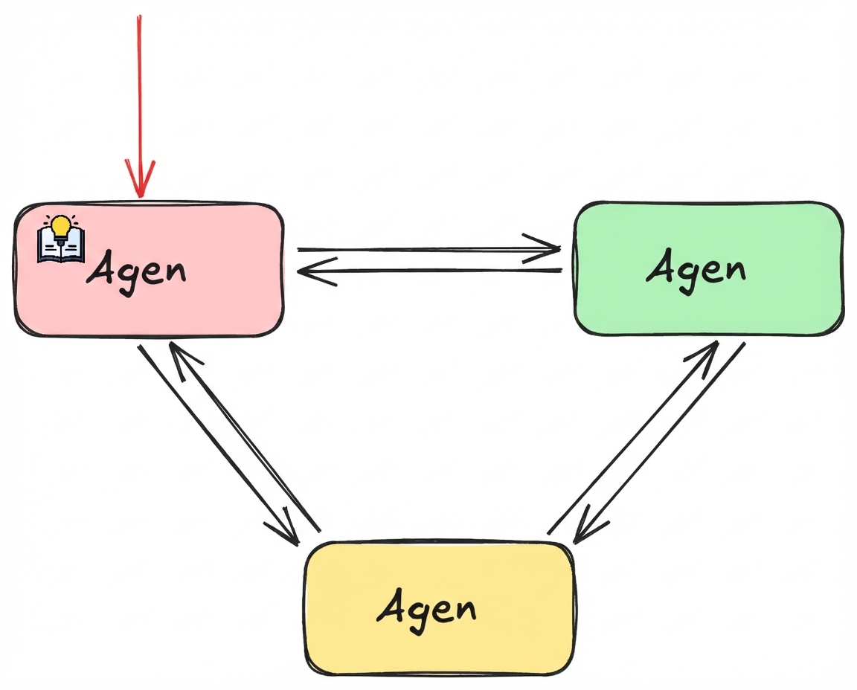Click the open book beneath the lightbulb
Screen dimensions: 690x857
click(x=61, y=246)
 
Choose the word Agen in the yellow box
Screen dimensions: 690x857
click(x=426, y=607)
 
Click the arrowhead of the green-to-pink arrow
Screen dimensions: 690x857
click(x=309, y=272)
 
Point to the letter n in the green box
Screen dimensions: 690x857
click(x=732, y=269)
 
